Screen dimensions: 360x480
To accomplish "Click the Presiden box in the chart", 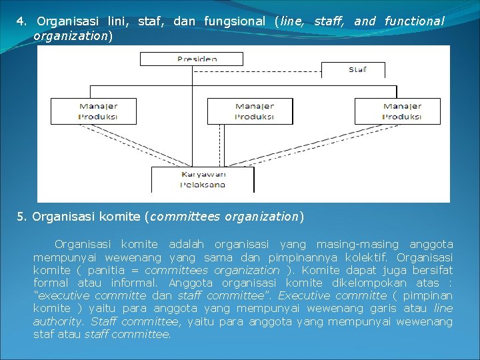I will click(197, 59).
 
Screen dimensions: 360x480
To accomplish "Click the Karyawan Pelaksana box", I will click(203, 180).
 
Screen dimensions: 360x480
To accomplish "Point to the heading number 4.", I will click(21, 21).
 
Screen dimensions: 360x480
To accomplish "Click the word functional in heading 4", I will click(414, 21).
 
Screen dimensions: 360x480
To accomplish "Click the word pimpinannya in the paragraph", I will click(297, 257).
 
